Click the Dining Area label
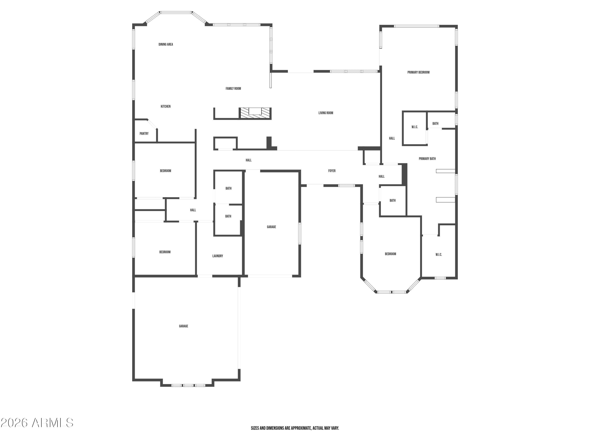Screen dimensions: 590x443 [166, 44]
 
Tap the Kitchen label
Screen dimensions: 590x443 [165, 106]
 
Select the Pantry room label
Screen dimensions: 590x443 [144, 133]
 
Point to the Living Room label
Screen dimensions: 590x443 [326, 113]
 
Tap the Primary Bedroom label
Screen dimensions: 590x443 [418, 72]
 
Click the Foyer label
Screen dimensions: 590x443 [332, 171]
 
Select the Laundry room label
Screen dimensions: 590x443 [218, 256]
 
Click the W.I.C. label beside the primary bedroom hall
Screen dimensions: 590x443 [415, 127]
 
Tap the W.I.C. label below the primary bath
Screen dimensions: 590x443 [439, 254]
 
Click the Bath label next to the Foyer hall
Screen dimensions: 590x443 [392, 200]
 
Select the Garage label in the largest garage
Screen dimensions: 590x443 [183, 326]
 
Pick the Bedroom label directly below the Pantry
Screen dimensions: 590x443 [165, 171]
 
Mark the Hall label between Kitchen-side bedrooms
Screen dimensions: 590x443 [193, 210]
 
